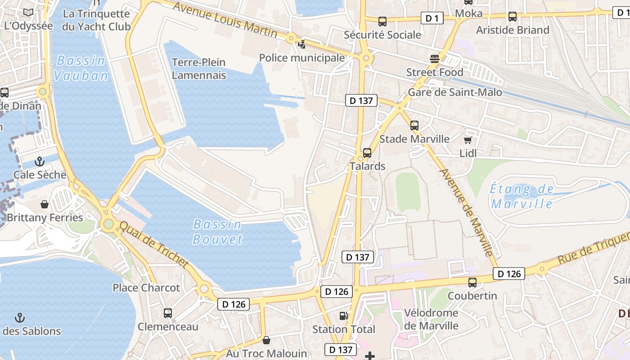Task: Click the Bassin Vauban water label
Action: (81, 68)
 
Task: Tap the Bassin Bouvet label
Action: (217, 232)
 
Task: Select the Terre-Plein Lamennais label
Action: (199, 68)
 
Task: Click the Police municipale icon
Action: (301, 44)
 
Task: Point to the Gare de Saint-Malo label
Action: (454, 93)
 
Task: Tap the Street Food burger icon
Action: (435, 58)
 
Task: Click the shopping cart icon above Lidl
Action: (468, 140)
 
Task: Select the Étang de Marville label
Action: (522, 196)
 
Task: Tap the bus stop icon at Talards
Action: (367, 153)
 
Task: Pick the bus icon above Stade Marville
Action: (414, 126)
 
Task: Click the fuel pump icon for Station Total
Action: (343, 316)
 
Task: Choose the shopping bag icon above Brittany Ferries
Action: (45, 205)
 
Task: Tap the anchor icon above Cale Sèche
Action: (40, 161)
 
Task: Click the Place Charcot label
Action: (146, 288)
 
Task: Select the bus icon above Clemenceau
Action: (168, 313)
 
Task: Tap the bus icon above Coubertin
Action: (472, 283)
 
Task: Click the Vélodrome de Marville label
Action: (431, 319)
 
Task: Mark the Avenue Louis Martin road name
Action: (225, 20)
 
